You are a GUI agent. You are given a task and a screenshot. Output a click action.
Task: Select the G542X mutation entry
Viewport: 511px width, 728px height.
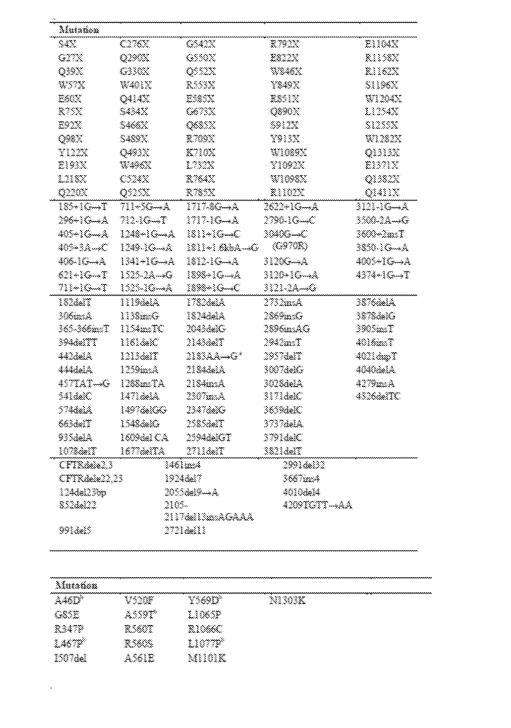201,44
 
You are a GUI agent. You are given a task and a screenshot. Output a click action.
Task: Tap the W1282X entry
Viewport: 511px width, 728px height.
383,139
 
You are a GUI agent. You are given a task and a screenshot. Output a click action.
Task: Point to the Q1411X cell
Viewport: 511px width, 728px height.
382,192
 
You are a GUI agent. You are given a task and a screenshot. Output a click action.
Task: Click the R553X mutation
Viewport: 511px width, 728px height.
201,85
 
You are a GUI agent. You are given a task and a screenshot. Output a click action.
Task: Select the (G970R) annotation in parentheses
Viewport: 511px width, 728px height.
290,246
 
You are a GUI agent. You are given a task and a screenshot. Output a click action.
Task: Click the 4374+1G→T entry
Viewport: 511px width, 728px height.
383,275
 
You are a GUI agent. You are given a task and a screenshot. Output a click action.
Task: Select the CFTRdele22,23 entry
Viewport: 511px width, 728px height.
91,478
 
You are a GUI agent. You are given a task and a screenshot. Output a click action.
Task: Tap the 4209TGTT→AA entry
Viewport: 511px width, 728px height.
317,505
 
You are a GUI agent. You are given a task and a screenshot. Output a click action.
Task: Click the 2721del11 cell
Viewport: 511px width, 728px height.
185,531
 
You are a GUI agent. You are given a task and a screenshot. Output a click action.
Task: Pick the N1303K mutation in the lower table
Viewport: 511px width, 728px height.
287,601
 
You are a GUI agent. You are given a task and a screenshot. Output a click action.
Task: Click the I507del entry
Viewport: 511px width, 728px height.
70,659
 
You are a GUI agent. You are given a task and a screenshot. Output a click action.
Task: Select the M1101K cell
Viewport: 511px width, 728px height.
207,659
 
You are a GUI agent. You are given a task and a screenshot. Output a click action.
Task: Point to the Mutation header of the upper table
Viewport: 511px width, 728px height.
79,30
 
